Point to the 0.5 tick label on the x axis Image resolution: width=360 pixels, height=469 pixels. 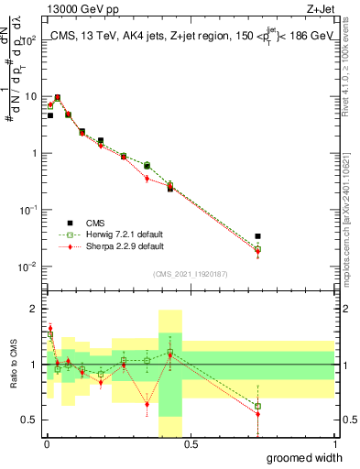191,444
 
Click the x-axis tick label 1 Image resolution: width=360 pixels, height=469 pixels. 335,444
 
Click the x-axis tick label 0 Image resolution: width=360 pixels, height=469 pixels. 46,444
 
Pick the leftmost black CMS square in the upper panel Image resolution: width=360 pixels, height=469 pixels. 50,115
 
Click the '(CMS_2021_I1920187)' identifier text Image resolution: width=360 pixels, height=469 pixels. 190,274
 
